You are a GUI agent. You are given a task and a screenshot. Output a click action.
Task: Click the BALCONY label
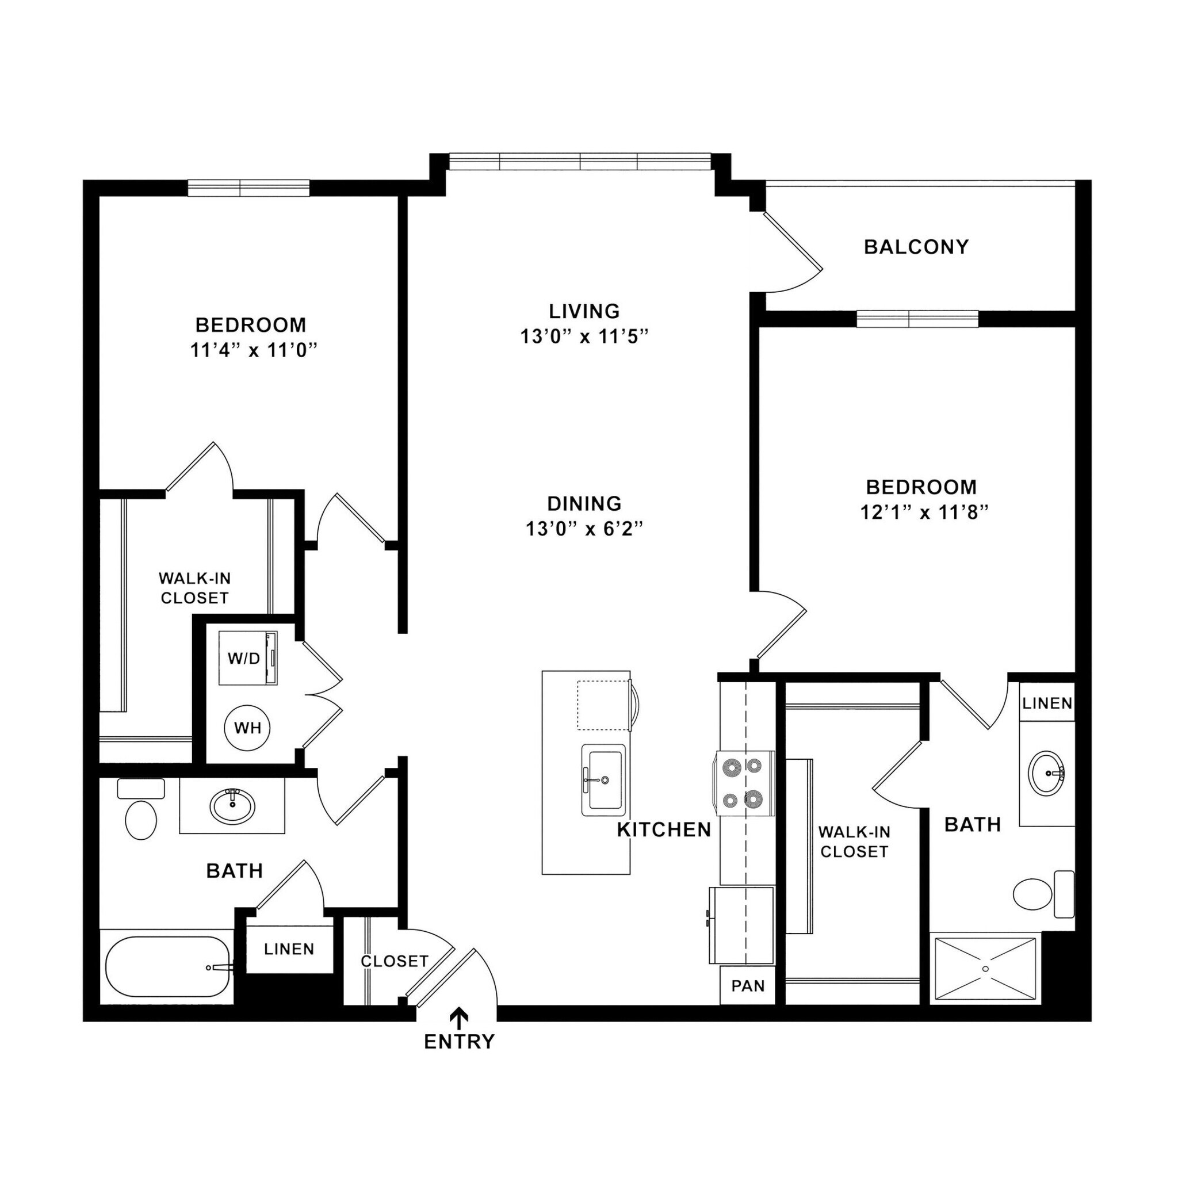916,247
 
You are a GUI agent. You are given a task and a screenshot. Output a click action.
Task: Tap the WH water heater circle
247,728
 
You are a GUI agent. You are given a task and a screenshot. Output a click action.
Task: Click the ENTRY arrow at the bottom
458,1018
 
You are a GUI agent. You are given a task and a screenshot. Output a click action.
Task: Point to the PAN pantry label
748,986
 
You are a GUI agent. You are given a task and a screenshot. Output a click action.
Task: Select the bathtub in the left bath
168,967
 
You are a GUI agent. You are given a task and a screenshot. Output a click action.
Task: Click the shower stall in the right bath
985,969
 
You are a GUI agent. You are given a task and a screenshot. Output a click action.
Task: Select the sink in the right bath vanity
1046,773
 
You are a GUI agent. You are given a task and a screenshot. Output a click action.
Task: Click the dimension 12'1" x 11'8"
923,512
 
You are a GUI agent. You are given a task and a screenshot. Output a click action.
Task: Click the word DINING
584,504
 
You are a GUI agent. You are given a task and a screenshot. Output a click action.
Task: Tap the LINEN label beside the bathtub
289,949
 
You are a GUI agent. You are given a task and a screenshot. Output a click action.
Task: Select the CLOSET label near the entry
394,962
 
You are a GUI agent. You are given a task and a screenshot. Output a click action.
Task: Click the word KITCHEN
664,830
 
